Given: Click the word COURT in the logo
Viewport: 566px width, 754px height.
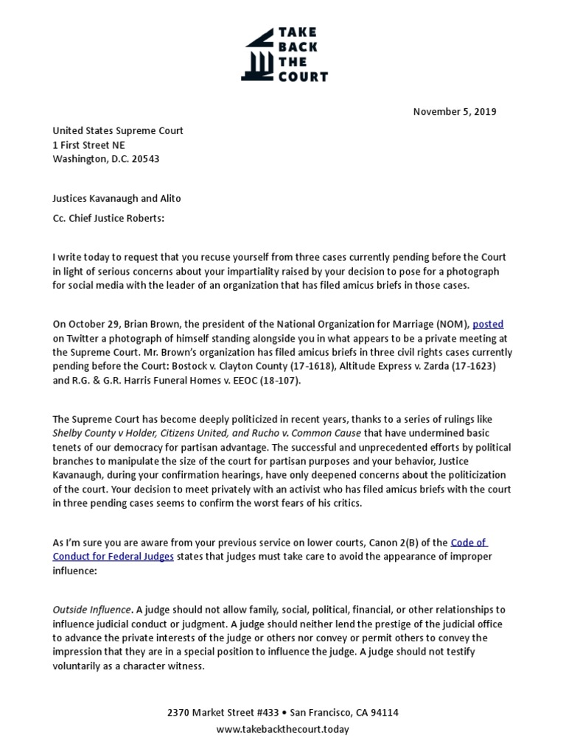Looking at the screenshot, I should tap(301, 76).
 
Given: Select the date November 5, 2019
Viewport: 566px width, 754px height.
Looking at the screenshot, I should tap(454, 112).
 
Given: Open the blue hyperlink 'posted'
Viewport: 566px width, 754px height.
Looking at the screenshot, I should tap(488, 324).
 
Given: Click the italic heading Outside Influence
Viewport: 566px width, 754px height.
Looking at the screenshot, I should tap(93, 610).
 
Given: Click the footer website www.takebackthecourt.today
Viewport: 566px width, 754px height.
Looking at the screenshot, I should tap(283, 729).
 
